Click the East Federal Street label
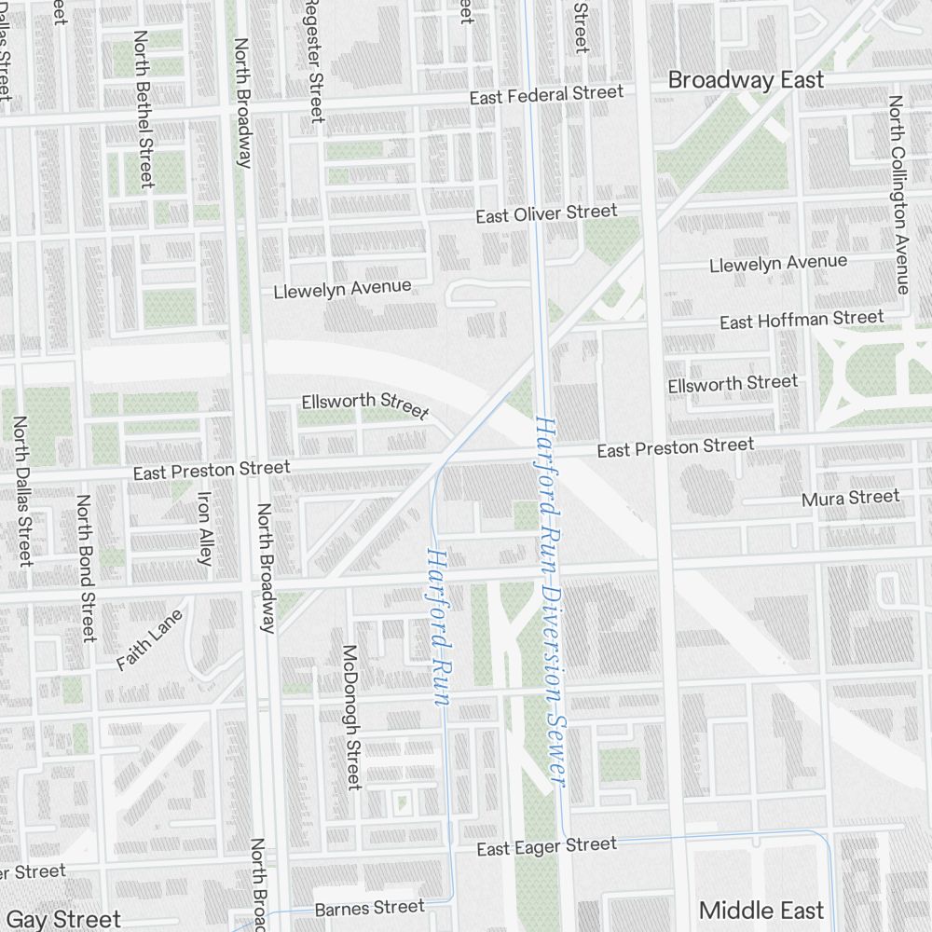(x=546, y=95)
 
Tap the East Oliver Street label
(x=546, y=213)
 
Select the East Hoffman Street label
(x=802, y=320)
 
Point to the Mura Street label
(x=850, y=499)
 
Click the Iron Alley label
(x=204, y=528)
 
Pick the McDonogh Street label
(x=351, y=717)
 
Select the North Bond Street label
(x=86, y=568)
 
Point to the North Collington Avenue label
(x=898, y=194)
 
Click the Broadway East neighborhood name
(x=746, y=80)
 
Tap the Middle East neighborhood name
(x=761, y=911)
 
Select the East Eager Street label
(x=546, y=846)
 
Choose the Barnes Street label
(x=369, y=907)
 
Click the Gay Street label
(x=63, y=919)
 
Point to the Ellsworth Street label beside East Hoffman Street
(x=733, y=383)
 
